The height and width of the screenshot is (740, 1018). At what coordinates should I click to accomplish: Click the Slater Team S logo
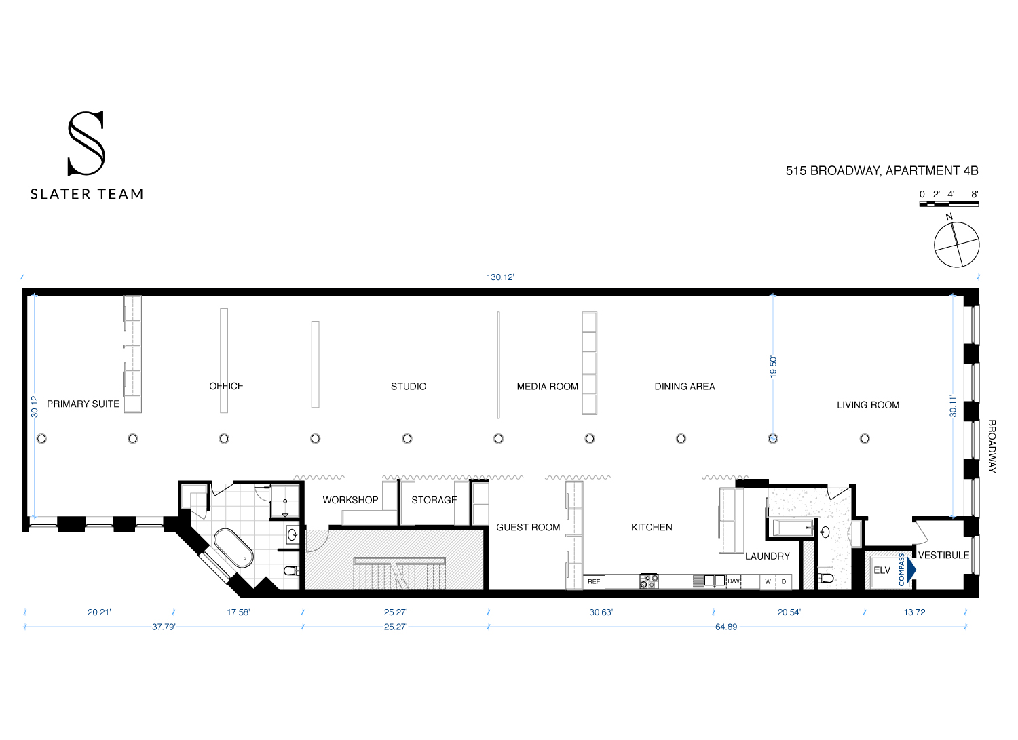click(86, 143)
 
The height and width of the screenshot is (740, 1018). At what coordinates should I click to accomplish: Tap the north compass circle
click(956, 244)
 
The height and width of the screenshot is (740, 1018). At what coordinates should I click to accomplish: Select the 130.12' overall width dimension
click(500, 277)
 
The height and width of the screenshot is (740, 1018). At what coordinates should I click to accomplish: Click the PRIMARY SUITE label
click(83, 404)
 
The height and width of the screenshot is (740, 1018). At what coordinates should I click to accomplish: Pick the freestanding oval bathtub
click(233, 548)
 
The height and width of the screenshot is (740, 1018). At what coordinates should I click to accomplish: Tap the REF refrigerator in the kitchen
click(594, 581)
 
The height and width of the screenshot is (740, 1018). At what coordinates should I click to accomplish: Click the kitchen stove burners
click(649, 581)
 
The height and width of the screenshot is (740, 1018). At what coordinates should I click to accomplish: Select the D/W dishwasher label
click(734, 581)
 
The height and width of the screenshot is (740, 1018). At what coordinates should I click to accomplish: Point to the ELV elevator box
click(882, 570)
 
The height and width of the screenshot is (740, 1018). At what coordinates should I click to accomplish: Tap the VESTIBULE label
click(943, 555)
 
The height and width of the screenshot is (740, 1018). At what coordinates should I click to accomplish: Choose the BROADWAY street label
click(992, 446)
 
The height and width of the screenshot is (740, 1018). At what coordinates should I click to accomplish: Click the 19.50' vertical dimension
click(773, 366)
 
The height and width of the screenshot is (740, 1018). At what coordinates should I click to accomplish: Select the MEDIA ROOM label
click(547, 387)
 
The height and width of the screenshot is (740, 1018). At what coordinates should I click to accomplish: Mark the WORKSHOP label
click(350, 500)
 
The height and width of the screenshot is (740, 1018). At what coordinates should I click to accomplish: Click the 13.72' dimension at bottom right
click(915, 612)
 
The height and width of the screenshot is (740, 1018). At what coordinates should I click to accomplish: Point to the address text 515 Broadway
click(882, 171)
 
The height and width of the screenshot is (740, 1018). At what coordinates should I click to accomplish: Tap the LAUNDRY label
click(768, 556)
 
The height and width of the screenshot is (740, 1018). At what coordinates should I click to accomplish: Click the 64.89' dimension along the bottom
click(726, 627)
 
